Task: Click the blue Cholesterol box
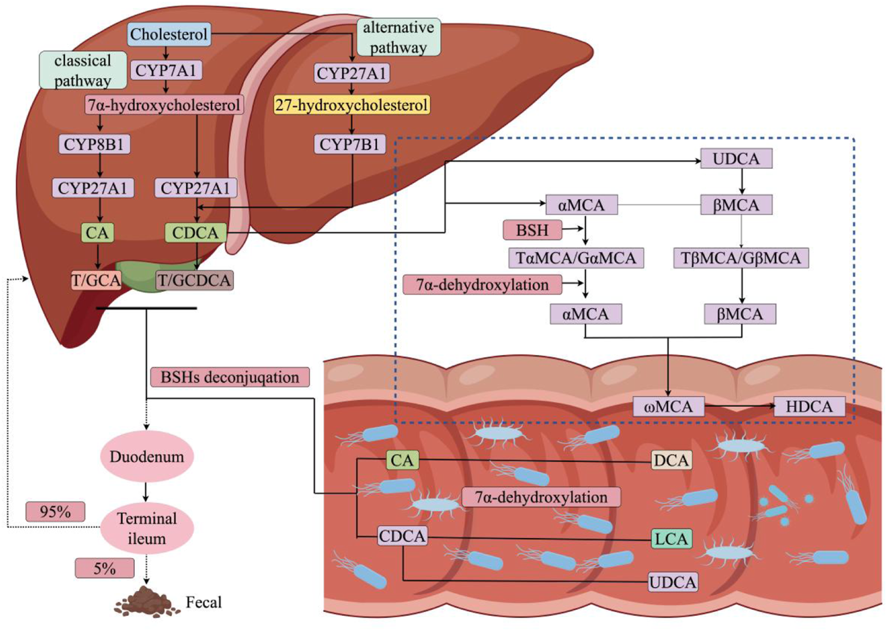tap(168, 34)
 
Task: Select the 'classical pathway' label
tap(83, 70)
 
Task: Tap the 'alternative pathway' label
tap(398, 37)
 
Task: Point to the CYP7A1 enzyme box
tap(165, 70)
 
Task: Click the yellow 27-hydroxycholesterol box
tap(351, 105)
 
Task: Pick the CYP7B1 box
tap(349, 145)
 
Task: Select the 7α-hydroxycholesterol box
tap(164, 105)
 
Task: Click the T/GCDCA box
tap(194, 280)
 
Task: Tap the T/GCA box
tap(96, 280)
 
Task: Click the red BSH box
tap(532, 230)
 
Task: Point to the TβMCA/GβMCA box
tap(741, 258)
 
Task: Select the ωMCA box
tap(668, 407)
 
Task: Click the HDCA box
tap(809, 407)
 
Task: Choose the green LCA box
tap(671, 539)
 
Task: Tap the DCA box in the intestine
tap(671, 460)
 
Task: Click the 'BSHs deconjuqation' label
tap(230, 377)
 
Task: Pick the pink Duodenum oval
tap(146, 456)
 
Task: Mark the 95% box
tap(55, 512)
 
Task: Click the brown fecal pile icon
tap(146, 602)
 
